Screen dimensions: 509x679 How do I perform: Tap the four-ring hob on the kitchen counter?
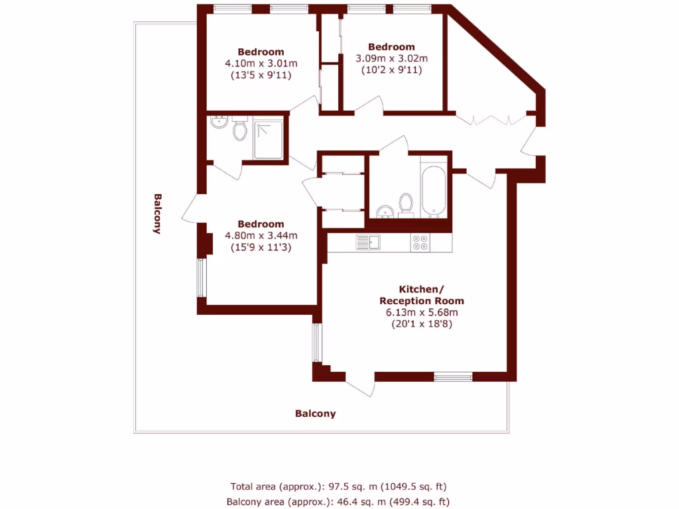[x=420, y=243]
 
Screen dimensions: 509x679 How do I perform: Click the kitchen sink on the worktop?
[x=366, y=242]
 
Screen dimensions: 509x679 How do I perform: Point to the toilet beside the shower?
[x=240, y=130]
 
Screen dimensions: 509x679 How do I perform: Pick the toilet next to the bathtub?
[x=406, y=204]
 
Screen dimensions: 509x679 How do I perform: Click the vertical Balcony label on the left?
[x=157, y=213]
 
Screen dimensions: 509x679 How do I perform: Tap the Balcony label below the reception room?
[x=315, y=414]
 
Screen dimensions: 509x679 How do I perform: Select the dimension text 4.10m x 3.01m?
[x=261, y=64]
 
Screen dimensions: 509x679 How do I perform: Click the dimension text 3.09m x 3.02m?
[x=391, y=58]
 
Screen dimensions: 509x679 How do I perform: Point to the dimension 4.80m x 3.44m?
[x=261, y=235]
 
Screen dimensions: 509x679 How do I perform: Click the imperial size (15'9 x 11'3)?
[x=261, y=247]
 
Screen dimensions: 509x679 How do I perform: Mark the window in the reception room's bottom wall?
[x=453, y=376]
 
